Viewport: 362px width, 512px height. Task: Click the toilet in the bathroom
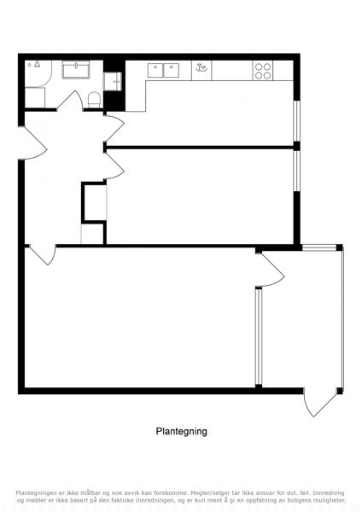(x=95, y=100)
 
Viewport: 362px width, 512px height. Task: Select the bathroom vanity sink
(x=76, y=70)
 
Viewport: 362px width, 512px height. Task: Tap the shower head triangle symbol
(x=38, y=64)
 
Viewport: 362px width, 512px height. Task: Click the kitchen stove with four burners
(x=263, y=71)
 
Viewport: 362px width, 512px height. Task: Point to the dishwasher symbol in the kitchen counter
(x=201, y=71)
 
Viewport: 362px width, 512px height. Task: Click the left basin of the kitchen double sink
(x=155, y=71)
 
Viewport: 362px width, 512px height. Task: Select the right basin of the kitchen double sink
(x=172, y=71)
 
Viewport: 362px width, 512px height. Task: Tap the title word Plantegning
(x=181, y=431)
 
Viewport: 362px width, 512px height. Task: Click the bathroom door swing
(x=70, y=101)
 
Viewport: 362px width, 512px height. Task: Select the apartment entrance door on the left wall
(x=32, y=143)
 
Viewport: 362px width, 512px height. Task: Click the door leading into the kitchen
(x=114, y=128)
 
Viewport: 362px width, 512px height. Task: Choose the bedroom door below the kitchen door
(x=114, y=166)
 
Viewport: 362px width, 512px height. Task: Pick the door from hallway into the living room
(x=44, y=254)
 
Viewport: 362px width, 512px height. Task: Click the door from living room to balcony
(x=270, y=271)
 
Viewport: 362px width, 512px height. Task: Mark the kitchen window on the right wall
(x=296, y=121)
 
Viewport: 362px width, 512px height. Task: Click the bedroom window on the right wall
(x=296, y=171)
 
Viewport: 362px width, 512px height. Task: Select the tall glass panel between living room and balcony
(x=259, y=337)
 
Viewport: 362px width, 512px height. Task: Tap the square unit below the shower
(x=35, y=97)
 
